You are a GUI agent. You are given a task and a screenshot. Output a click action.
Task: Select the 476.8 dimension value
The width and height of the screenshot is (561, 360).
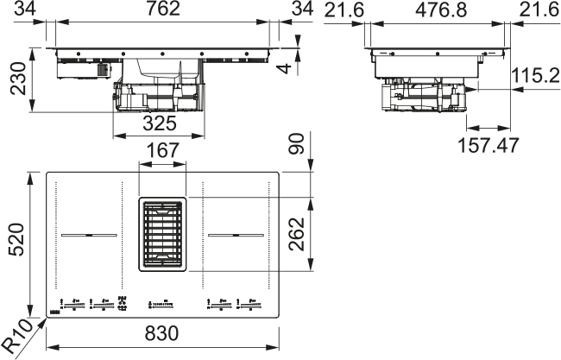pyautogui.click(x=437, y=11)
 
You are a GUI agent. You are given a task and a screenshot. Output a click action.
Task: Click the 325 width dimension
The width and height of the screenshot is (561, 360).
pyautogui.click(x=159, y=124)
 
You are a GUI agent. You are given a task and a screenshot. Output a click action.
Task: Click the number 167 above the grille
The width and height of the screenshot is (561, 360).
pyautogui.click(x=162, y=150)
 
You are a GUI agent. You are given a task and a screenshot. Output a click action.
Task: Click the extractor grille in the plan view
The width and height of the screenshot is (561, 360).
pyautogui.click(x=162, y=233)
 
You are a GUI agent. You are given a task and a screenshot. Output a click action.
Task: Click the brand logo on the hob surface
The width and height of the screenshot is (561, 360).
pyautogui.click(x=54, y=305)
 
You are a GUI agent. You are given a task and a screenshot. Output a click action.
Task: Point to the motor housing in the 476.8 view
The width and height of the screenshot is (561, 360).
pyautogui.click(x=423, y=95)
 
